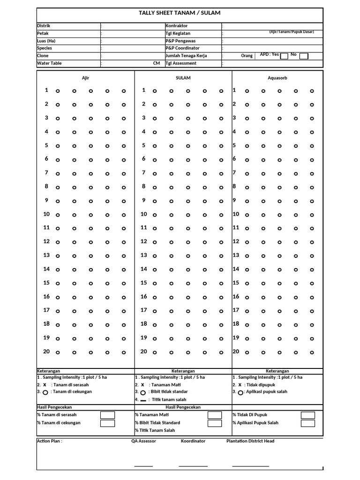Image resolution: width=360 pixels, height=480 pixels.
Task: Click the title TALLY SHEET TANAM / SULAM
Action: [x=180, y=13]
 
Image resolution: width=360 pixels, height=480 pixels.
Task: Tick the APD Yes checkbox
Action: [x=284, y=56]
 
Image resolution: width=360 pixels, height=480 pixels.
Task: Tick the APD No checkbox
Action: [x=304, y=56]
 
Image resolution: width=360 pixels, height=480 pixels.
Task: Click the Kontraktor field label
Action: [x=176, y=25]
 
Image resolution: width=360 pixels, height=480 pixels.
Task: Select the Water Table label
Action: [x=49, y=63]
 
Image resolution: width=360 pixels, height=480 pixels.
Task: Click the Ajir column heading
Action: [x=85, y=78]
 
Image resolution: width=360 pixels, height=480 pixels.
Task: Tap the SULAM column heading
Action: [x=183, y=78]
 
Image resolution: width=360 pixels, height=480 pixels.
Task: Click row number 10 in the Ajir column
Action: [x=46, y=214]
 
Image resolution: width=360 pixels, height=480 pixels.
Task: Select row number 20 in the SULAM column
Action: [x=143, y=352]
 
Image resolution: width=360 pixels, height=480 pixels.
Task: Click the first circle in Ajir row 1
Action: [x=58, y=91]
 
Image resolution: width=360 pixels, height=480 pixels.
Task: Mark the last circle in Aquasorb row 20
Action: [x=312, y=352]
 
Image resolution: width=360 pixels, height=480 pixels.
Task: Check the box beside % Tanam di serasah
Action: [x=107, y=415]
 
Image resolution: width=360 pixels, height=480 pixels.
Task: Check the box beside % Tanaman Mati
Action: [x=215, y=415]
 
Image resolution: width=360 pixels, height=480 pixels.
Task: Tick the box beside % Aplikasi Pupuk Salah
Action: [x=308, y=423]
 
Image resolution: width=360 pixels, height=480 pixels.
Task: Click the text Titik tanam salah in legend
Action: [x=168, y=400]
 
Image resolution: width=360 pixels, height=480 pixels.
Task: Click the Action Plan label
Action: [x=50, y=441]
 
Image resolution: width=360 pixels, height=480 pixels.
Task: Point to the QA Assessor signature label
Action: [x=143, y=441]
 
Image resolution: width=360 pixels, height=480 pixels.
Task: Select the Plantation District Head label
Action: [x=250, y=441]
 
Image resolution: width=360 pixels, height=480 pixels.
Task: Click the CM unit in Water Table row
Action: [x=157, y=63]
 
